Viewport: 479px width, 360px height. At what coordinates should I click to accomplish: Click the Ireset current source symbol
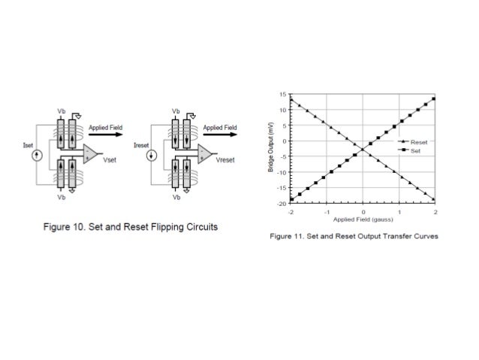click(152, 156)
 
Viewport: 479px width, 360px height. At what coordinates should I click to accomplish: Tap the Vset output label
click(110, 160)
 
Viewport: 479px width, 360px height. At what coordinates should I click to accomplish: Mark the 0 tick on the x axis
click(363, 213)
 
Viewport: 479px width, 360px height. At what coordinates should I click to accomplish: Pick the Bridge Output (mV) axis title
click(272, 148)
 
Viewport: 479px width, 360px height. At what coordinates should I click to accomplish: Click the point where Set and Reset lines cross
click(363, 149)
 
